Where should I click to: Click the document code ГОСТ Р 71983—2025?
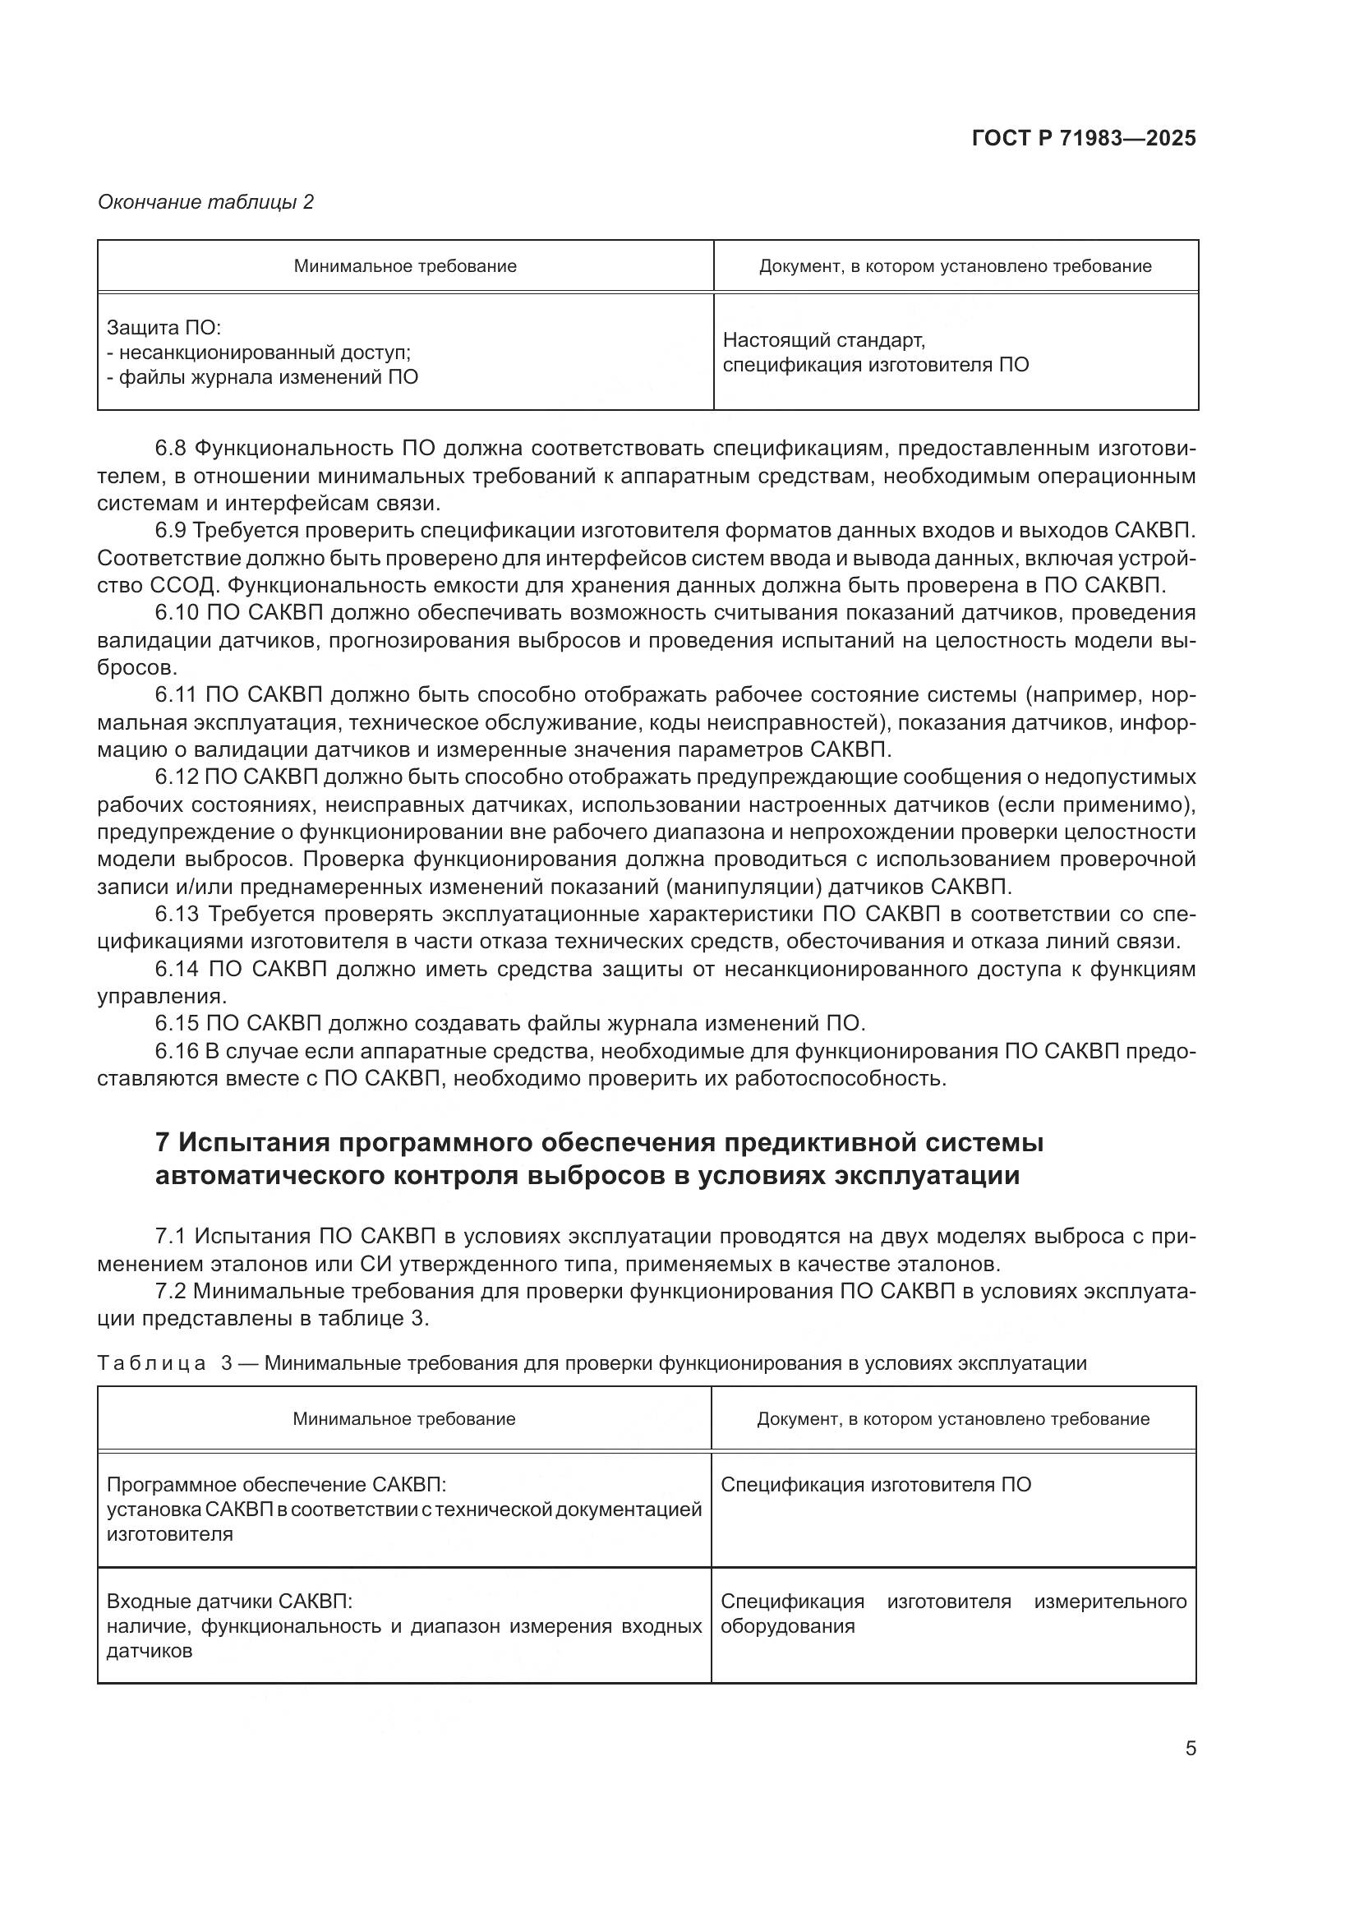coord(1084,139)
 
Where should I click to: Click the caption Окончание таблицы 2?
coord(206,202)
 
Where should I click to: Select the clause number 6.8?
coord(171,449)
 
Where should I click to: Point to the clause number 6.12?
coord(177,777)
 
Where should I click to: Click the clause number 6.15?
coord(177,1023)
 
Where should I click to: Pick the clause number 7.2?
coord(171,1291)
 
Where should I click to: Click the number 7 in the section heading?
coord(164,1143)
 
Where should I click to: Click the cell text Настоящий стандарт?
coord(823,340)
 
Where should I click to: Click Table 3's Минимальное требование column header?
coord(404,1418)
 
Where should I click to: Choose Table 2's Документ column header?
coord(955,266)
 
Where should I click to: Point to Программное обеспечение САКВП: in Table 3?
coord(277,1485)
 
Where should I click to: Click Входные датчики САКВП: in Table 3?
coord(230,1602)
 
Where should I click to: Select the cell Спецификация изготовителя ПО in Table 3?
coord(876,1485)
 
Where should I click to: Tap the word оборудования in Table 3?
coord(787,1626)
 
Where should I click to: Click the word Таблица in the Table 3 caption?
coord(151,1362)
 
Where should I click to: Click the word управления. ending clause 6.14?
coord(162,996)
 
